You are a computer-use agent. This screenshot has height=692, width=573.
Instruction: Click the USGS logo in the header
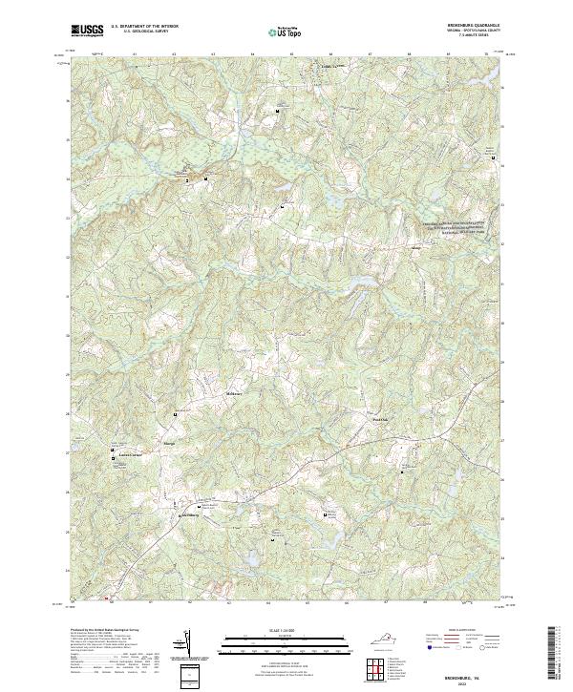coord(87,30)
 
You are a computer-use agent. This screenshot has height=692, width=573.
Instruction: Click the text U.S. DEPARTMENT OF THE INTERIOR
coord(144,27)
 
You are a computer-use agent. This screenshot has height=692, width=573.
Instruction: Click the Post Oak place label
coord(379,417)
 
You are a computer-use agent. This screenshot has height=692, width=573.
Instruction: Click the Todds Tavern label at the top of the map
coord(330,66)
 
